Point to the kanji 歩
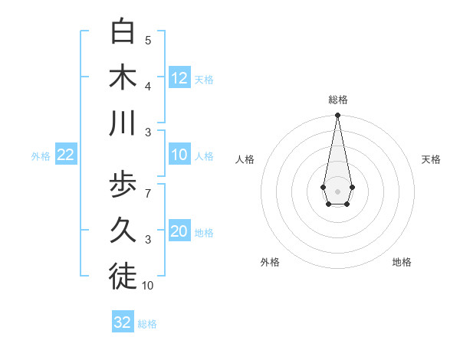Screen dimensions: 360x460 pos(123,184)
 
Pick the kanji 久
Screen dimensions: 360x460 pos(123,230)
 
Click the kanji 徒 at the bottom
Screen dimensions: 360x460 pos(123,277)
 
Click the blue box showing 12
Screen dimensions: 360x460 pos(179,77)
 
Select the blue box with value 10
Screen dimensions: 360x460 pos(179,155)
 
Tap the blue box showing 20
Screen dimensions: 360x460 pos(179,232)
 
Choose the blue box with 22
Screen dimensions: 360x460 pos(66,155)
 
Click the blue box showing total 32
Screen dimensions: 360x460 pos(123,322)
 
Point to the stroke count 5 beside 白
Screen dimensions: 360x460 pos(148,40)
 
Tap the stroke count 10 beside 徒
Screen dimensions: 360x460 pos(148,285)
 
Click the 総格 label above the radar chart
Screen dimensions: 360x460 pos(337,100)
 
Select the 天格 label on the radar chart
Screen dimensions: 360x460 pos(431,159)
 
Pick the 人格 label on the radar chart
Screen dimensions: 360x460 pos(245,159)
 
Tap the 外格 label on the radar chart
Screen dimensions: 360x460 pos(270,262)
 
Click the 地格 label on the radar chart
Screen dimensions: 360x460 pos(402,262)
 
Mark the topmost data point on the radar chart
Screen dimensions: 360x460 pos(337,115)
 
